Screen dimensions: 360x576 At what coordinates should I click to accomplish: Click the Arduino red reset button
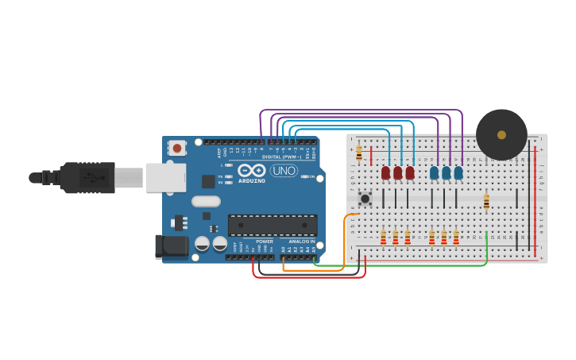(x=177, y=148)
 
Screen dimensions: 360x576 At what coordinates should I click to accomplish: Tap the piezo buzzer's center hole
(x=501, y=134)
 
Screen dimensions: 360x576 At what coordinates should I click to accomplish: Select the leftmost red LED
(x=385, y=172)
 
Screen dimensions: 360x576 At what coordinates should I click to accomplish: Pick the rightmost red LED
(x=410, y=172)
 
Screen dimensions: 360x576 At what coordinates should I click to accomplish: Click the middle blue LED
(x=446, y=172)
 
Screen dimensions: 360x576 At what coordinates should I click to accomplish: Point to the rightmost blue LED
(x=458, y=172)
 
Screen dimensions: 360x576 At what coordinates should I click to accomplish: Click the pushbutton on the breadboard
(x=365, y=198)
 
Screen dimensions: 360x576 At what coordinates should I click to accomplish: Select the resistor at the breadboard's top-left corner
(x=359, y=153)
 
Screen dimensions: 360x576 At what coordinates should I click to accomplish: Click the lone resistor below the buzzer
(x=486, y=202)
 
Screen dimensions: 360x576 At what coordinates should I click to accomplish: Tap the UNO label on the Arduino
(x=284, y=170)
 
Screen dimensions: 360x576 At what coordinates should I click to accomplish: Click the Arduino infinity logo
(x=252, y=170)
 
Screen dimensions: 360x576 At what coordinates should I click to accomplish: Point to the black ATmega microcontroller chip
(x=273, y=225)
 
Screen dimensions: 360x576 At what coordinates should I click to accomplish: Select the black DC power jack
(x=171, y=247)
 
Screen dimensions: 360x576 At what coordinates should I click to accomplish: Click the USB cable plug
(x=87, y=177)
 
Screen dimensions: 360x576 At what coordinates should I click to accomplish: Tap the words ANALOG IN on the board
(x=301, y=241)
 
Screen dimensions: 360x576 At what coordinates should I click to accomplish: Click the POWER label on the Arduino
(x=264, y=241)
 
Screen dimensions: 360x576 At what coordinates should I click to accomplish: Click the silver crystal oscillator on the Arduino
(x=205, y=201)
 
